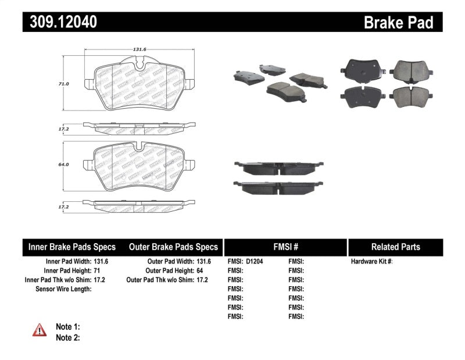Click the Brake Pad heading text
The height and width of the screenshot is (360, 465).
pos(398,22)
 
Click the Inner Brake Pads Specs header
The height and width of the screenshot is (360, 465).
pos(72,247)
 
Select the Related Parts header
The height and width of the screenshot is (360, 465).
pos(395,247)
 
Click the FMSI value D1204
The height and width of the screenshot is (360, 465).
pos(255,262)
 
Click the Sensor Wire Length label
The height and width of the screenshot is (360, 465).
pos(64,289)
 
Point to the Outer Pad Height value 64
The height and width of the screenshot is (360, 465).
pos(199,270)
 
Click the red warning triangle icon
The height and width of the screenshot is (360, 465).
pos(40,330)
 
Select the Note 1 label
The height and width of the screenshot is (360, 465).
pos(67,327)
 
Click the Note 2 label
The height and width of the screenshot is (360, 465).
pos(67,337)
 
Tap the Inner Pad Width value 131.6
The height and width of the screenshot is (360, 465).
pos(102,262)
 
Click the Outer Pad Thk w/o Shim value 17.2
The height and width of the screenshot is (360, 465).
pos(202,280)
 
